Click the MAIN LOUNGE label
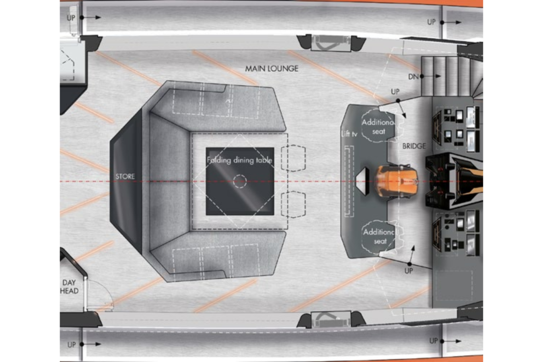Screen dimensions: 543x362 click(x=272, y=69)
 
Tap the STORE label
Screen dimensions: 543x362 click(x=125, y=176)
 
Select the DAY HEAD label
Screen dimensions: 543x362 click(x=69, y=287)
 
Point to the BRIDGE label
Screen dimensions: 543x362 click(x=414, y=146)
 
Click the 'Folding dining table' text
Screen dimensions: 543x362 click(x=239, y=160)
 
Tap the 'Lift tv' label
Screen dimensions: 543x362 click(x=349, y=134)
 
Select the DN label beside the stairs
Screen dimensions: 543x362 click(x=413, y=76)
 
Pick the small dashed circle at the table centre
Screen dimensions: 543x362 click(x=240, y=181)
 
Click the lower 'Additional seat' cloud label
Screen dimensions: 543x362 click(x=379, y=237)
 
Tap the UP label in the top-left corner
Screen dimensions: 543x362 click(x=71, y=18)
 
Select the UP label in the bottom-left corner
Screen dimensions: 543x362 click(x=72, y=344)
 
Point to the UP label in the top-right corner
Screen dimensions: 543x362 click(x=431, y=22)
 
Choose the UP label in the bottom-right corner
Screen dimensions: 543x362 click(x=434, y=341)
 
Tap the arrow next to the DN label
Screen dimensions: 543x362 click(x=431, y=76)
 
